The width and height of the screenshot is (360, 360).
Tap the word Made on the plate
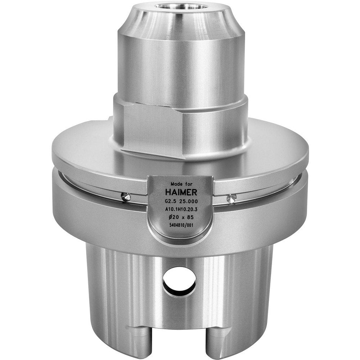point(174,183)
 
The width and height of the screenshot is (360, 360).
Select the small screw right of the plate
point(232,198)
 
